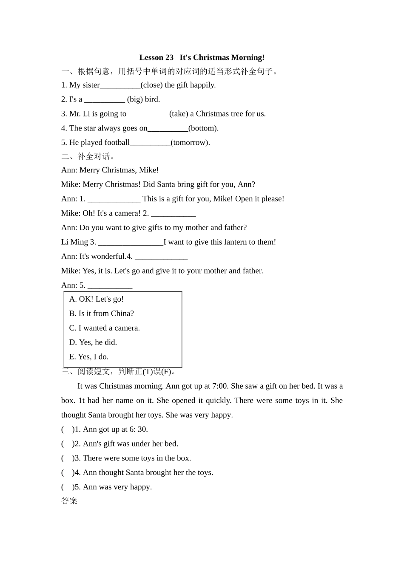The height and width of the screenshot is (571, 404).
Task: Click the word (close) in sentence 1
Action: click(151, 85)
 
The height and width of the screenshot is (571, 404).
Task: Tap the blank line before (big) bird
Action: click(105, 100)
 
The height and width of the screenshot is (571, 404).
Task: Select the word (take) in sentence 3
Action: click(179, 114)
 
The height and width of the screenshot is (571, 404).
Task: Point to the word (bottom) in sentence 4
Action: click(203, 128)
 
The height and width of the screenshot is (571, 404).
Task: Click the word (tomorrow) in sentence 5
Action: click(190, 143)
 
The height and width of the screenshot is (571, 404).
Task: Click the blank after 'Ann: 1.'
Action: click(114, 200)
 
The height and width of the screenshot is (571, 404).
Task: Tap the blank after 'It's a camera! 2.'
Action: click(174, 214)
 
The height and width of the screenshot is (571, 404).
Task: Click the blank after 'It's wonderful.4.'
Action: click(161, 257)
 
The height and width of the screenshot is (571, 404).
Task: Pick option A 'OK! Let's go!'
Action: click(97, 299)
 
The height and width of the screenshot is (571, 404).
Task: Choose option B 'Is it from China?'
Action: click(102, 314)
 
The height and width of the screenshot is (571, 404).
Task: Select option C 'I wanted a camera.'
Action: click(105, 328)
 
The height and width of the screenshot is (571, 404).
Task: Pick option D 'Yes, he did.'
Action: click(93, 342)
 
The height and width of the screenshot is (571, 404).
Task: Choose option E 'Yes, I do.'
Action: click(89, 357)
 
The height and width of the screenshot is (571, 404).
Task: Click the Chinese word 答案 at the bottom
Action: click(69, 501)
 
